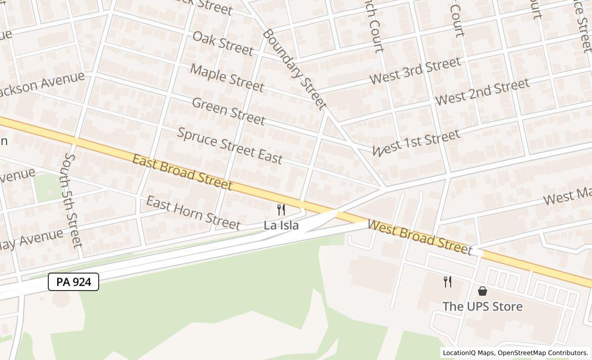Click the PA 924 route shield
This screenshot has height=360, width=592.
(x=73, y=282)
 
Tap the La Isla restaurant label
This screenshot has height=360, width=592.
(x=281, y=225)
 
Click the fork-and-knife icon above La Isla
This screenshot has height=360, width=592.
(x=281, y=210)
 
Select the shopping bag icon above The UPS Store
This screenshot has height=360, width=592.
(x=483, y=291)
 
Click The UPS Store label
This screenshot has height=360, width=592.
(x=483, y=307)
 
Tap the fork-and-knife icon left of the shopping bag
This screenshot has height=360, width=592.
(x=448, y=281)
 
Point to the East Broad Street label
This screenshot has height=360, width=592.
(x=182, y=172)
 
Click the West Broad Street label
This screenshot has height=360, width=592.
(x=420, y=238)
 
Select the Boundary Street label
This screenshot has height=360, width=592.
(x=294, y=69)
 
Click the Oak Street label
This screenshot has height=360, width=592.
(x=223, y=43)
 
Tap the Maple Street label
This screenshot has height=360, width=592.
(x=227, y=78)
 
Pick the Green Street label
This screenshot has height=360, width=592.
(x=228, y=111)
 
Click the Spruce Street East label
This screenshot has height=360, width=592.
(x=230, y=145)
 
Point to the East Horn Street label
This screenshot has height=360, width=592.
(x=193, y=212)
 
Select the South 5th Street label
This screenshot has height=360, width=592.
(x=73, y=200)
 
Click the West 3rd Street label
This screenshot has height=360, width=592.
(x=415, y=71)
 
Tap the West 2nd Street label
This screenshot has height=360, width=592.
(x=482, y=92)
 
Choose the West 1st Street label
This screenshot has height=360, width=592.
(x=416, y=142)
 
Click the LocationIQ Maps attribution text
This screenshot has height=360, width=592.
(x=515, y=353)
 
